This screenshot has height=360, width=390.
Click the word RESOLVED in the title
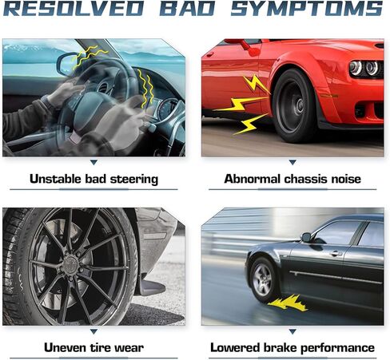pyautogui.click(x=74, y=9)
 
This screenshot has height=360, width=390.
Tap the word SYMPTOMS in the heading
pyautogui.click(x=306, y=9)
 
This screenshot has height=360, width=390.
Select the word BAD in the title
pyautogui.click(x=187, y=9)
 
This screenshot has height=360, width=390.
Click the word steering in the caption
pyautogui.click(x=134, y=180)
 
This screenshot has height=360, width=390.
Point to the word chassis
pyautogui.click(x=306, y=179)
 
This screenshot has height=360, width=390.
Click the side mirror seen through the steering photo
pyautogui.click(x=67, y=64)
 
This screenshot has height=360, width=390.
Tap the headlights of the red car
pyautogui.click(x=365, y=68)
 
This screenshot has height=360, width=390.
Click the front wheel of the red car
pyautogui.click(x=294, y=105)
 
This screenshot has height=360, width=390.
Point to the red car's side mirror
pyautogui.click(x=246, y=45)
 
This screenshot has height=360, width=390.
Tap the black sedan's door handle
pyautogui.click(x=336, y=253)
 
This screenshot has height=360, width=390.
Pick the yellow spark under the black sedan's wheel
pyautogui.click(x=288, y=303)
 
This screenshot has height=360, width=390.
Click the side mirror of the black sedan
pyautogui.click(x=306, y=237)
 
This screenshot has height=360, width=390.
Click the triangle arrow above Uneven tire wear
pyautogui.click(x=94, y=331)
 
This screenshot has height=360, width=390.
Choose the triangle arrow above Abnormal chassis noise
pyautogui.click(x=292, y=162)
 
